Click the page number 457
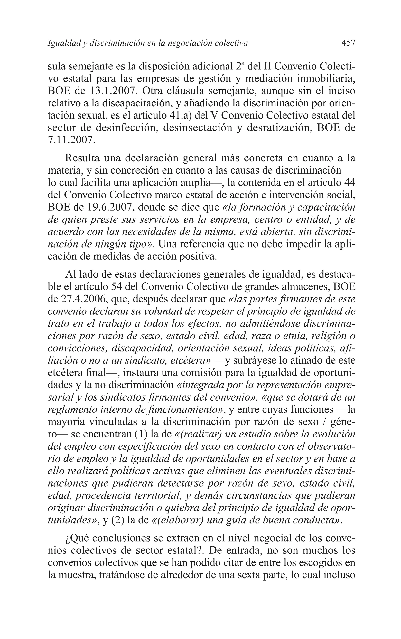[348, 43]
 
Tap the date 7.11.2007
[71, 140]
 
